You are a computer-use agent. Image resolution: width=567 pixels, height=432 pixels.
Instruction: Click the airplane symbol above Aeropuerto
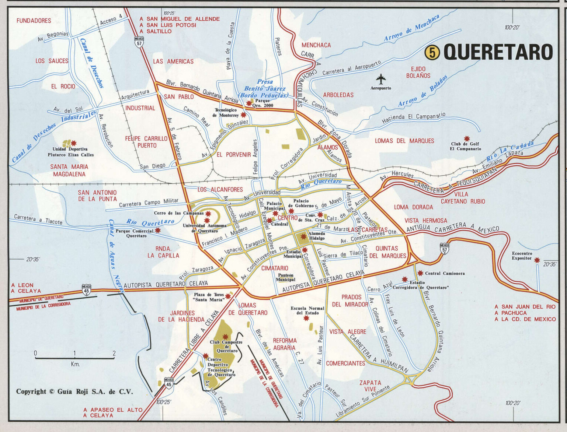point(381,79)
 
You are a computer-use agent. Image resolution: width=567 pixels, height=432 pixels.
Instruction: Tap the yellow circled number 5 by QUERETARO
point(432,52)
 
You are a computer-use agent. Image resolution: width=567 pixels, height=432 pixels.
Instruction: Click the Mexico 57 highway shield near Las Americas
point(139,42)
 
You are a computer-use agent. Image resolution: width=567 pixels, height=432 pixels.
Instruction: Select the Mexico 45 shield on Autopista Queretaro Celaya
point(86,289)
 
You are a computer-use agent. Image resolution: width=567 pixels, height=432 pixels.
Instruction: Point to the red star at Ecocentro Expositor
point(537,260)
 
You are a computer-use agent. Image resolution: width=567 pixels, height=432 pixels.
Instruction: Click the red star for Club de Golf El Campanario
point(467,139)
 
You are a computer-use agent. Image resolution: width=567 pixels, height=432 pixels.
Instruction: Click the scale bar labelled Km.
point(75,358)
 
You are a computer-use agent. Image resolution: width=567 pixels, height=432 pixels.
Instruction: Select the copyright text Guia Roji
point(74,391)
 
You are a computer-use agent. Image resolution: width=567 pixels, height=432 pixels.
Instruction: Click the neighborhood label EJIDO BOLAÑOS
point(418,72)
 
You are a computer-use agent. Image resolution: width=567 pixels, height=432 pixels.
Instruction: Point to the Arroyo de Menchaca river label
point(411,28)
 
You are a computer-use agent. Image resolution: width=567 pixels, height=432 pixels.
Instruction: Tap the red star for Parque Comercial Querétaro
point(158,230)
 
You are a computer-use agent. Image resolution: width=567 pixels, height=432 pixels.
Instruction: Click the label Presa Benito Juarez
point(265,88)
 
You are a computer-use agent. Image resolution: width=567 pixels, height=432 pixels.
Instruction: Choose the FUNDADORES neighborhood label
point(34,21)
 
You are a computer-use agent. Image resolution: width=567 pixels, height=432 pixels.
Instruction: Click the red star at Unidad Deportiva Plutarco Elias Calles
point(74,143)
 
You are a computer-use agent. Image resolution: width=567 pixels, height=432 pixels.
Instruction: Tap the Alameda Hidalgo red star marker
point(303,236)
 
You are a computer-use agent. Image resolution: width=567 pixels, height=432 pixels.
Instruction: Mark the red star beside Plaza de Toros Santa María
point(228,296)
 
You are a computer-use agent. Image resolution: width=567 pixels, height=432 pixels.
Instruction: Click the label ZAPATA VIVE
point(370,386)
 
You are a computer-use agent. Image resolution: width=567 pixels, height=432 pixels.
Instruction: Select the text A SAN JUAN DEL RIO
point(525,306)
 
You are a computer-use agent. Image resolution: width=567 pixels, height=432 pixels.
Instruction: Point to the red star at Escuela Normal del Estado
point(306,318)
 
